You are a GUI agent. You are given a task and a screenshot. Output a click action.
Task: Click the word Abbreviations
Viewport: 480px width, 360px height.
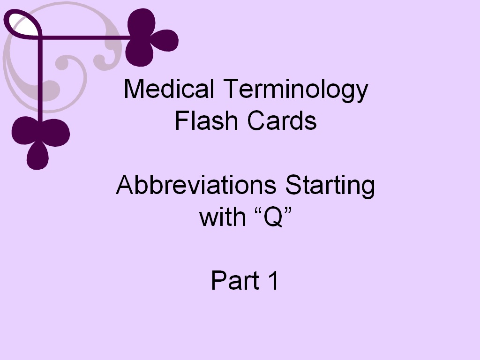[196, 186]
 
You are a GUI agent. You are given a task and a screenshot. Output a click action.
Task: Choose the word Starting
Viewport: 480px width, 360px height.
[330, 187]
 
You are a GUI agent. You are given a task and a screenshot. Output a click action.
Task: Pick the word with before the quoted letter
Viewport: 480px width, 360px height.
[222, 217]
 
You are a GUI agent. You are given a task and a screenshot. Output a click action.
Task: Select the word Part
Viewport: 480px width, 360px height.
[235, 280]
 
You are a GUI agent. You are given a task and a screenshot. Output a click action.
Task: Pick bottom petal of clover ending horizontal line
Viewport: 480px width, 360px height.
[139, 54]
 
